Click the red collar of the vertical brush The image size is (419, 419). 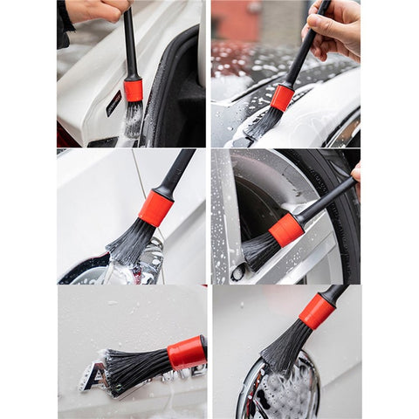[x=133, y=89]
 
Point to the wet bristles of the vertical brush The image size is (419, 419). [x=133, y=119]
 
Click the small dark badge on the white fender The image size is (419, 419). [x=113, y=103]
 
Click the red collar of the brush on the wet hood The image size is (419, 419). [x=282, y=97]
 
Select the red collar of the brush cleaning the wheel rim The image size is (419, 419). [x=285, y=230]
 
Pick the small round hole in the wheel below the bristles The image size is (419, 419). [x=237, y=272]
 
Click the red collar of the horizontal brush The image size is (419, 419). [x=187, y=352]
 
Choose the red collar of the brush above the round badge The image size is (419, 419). [x=316, y=312]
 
